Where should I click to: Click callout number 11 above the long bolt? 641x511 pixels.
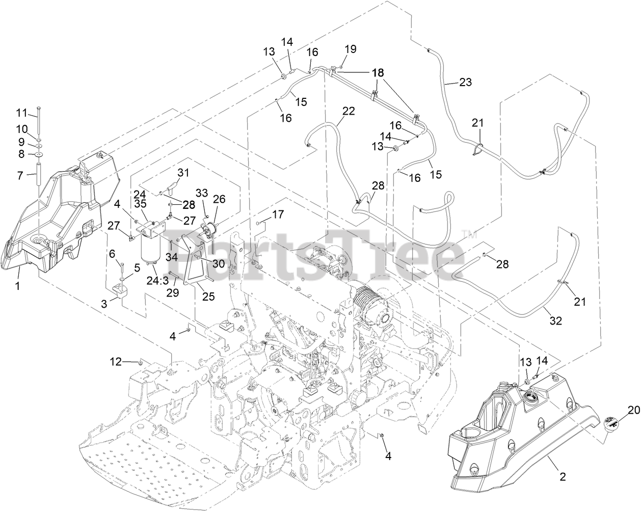click(22, 112)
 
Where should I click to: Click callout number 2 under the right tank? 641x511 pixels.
click(563, 477)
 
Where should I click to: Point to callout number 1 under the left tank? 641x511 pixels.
click(17, 286)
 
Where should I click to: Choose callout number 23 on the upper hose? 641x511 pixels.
click(465, 82)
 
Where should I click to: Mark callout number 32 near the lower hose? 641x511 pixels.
click(556, 321)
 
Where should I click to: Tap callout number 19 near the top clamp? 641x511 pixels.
click(350, 49)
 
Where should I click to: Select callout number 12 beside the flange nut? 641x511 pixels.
click(117, 362)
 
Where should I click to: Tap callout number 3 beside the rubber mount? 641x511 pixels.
click(104, 304)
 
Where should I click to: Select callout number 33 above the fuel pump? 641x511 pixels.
click(202, 193)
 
